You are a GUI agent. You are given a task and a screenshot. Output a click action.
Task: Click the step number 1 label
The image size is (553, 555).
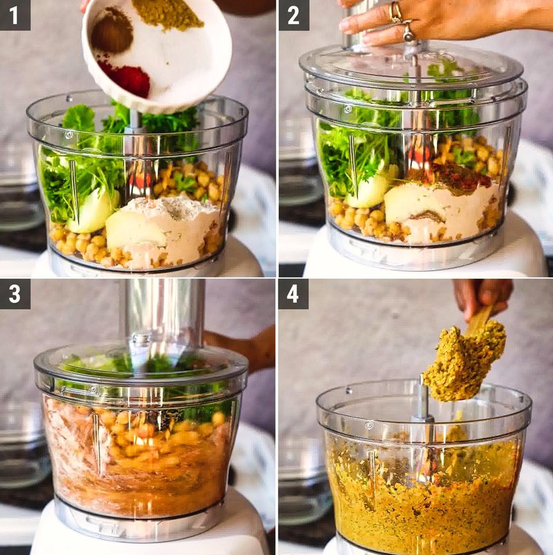pos(15,15)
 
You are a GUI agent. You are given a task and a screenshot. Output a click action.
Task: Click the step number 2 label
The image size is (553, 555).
pos(293,15)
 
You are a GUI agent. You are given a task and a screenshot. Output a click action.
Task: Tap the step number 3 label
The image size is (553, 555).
pos(15,293)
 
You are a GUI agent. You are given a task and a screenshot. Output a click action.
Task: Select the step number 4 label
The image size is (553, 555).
pos(293,293)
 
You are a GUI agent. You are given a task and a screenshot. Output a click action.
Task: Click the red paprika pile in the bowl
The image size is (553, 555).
pos(127,77)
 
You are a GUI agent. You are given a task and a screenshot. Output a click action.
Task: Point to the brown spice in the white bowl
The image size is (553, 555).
pos(112,30)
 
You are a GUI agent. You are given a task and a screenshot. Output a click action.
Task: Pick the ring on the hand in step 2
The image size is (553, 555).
pos(396,11)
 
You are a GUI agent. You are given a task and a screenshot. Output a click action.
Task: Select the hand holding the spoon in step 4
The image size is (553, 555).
pos(484,292)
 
